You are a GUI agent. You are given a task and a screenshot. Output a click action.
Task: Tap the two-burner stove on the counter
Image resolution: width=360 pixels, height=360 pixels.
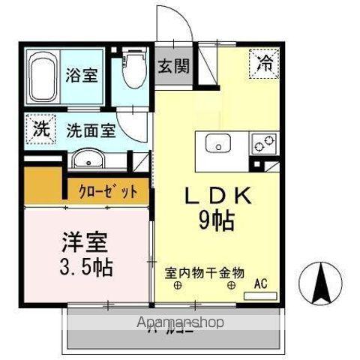pyautogui.click(x=265, y=142)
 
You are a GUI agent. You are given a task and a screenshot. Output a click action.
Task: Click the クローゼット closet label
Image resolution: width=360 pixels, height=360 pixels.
pyautogui.click(x=108, y=191)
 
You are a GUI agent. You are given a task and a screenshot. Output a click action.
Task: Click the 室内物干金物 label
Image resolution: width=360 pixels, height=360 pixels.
pyautogui.click(x=205, y=273)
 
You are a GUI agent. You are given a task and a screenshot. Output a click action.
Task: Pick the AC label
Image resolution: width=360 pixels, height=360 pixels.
pyautogui.click(x=260, y=283)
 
